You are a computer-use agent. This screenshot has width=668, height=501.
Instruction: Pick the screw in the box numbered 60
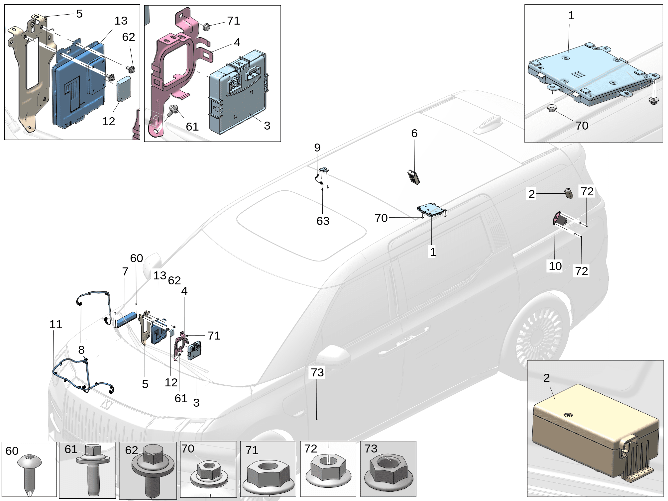click(29, 472)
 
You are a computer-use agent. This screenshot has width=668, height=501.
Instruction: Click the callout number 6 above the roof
click(414, 133)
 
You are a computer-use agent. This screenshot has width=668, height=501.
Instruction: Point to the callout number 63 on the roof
click(323, 221)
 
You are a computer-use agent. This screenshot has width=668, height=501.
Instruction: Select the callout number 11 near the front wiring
click(56, 324)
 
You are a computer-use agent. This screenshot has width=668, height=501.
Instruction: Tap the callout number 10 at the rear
click(555, 266)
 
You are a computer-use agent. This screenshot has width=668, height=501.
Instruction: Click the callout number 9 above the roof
click(317, 148)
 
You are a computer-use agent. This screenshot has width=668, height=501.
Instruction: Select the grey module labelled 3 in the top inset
click(238, 95)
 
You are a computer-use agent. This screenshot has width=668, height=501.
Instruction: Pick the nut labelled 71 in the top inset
click(206, 26)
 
